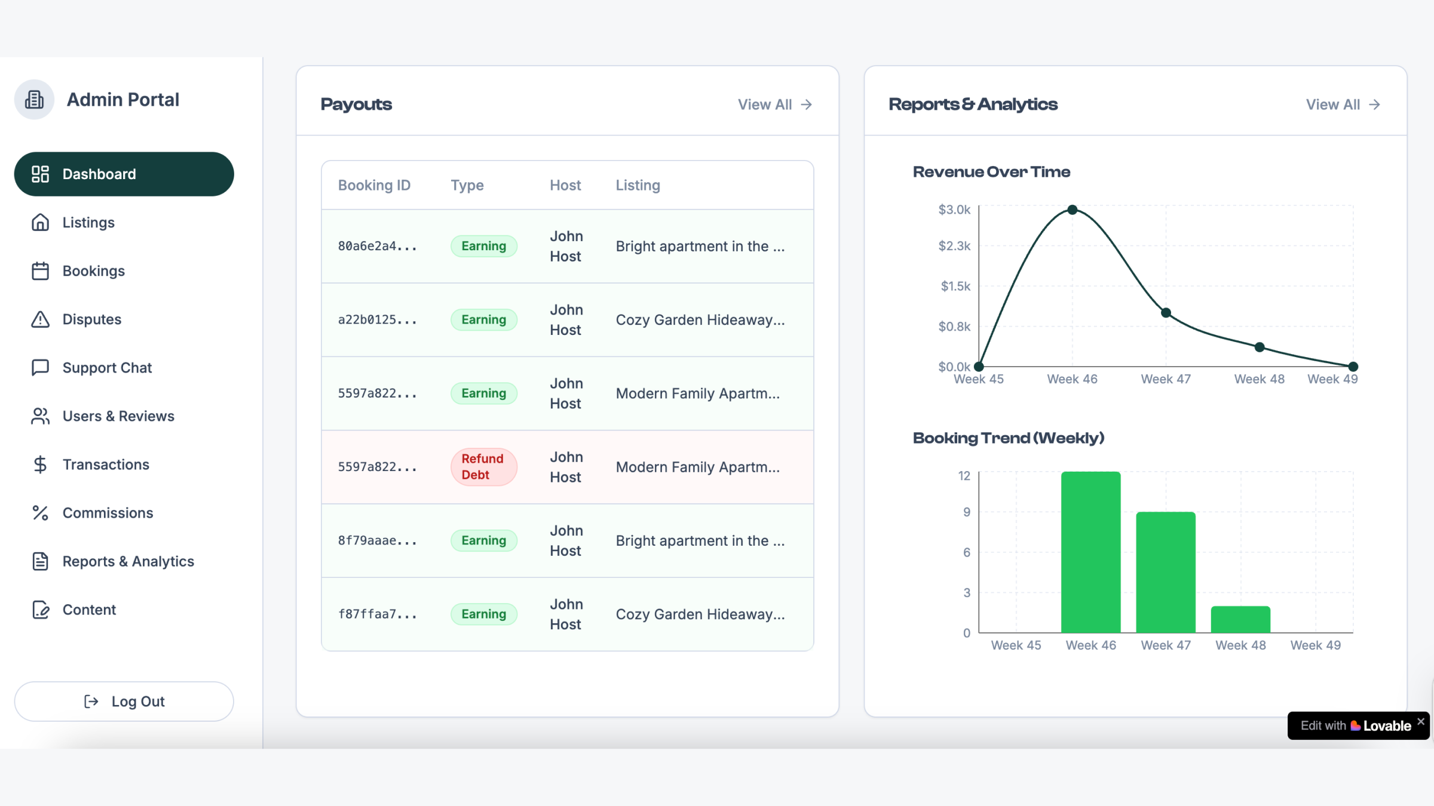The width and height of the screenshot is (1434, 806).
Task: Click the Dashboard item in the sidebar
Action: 124,174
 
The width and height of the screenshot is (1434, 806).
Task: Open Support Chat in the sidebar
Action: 107,368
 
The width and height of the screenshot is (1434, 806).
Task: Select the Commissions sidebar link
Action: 108,513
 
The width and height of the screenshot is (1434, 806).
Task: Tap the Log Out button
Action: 124,702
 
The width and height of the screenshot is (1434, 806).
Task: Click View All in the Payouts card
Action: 774,104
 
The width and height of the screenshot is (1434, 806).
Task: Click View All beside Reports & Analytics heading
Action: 1343,104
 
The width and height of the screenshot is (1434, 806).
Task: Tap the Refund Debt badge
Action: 483,467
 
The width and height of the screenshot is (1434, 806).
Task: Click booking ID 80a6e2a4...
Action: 377,246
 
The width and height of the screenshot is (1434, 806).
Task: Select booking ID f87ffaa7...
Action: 377,614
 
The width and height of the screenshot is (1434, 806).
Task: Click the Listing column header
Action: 638,185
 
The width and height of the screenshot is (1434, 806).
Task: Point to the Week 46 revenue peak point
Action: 1073,210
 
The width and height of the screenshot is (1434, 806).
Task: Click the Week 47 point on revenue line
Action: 1166,313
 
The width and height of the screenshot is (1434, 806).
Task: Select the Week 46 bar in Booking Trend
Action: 1090,552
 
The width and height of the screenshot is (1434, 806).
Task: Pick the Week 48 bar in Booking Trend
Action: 1240,620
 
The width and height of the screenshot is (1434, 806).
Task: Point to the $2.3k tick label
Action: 954,246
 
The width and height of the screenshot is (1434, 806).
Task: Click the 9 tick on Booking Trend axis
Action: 966,512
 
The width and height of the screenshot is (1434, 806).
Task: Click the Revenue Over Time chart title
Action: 991,172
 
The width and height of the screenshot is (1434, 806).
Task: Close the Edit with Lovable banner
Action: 1421,722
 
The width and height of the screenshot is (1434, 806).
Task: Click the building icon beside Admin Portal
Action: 34,100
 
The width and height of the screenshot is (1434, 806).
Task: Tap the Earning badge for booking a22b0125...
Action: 483,320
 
